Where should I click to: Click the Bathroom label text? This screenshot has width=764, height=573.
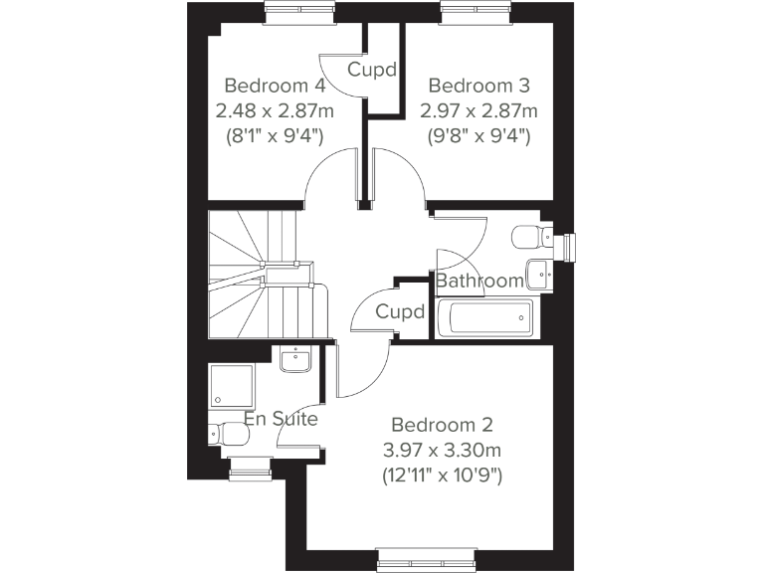tap(480, 281)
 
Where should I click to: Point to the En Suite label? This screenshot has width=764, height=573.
tap(282, 419)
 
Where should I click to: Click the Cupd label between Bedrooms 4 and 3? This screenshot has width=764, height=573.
tap(373, 71)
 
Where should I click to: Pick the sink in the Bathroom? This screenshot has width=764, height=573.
tap(540, 272)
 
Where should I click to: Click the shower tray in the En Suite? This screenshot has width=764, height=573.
tap(232, 386)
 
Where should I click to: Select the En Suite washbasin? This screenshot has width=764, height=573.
tap(296, 360)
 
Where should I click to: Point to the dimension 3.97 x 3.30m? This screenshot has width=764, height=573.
tap(443, 451)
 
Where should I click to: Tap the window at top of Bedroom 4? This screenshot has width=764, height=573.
tap(297, 13)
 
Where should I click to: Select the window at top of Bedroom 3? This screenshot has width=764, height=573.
tap(475, 13)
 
